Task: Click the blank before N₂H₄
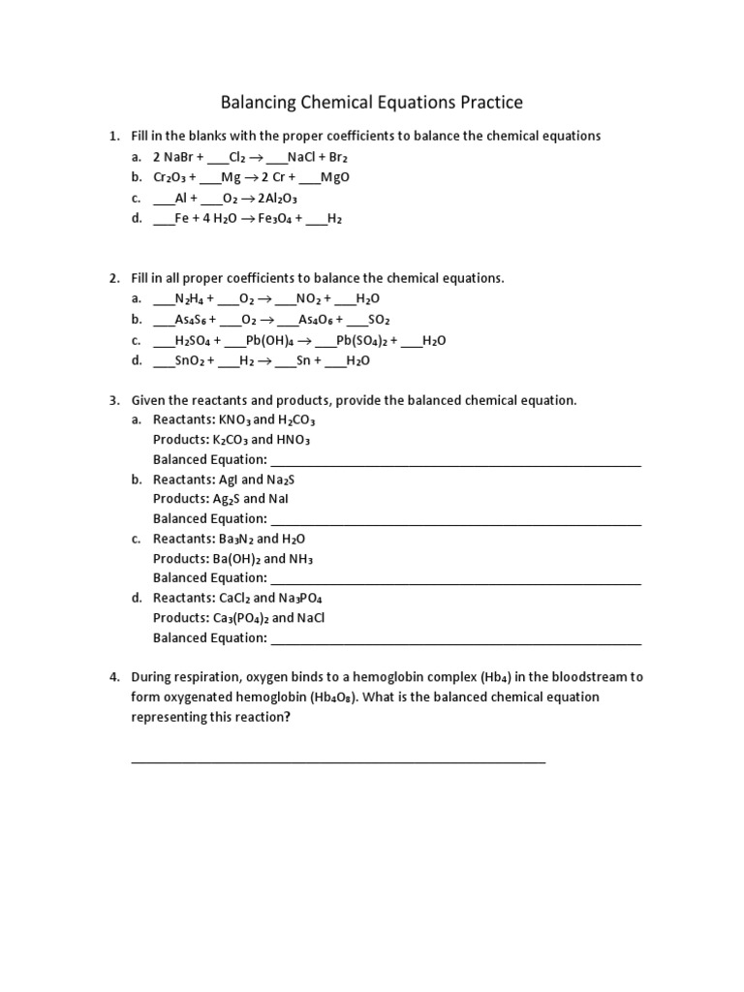coord(163,299)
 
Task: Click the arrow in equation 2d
coord(263,361)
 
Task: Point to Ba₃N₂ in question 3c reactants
coord(236,539)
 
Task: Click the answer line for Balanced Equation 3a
coord(455,463)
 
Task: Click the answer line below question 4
coord(338,761)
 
